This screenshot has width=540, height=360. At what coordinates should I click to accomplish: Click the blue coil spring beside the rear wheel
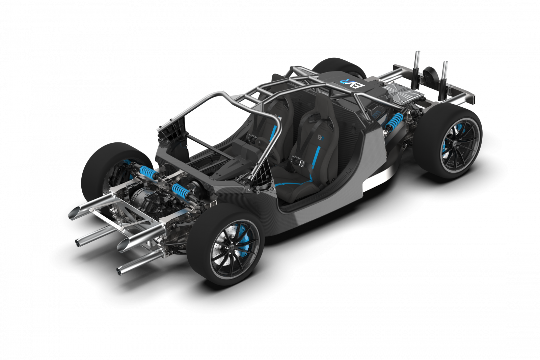pos(394,121)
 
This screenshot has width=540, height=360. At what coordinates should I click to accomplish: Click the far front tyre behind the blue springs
pos(101,165)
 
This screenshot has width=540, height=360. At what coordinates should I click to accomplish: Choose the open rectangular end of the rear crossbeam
pos(475,99)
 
